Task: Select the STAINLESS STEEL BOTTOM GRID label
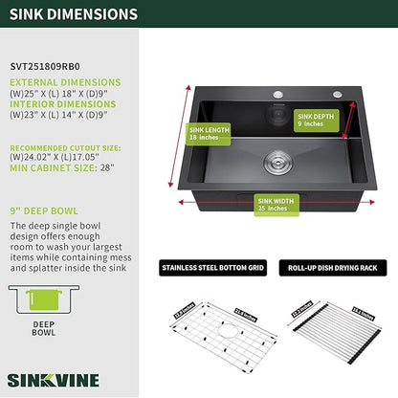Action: point(213,268)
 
